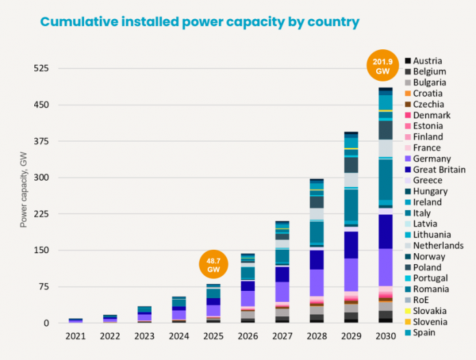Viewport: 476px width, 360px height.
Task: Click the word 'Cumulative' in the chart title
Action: pyautogui.click(x=79, y=22)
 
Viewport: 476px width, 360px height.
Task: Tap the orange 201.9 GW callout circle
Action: pyautogui.click(x=382, y=65)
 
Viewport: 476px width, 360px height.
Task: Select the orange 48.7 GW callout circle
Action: pyautogui.click(x=213, y=264)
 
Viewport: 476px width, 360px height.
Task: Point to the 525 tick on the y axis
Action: pyautogui.click(x=41, y=68)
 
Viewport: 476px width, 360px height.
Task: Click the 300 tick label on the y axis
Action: pyautogui.click(x=41, y=177)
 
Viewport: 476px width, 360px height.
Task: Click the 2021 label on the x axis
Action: pyautogui.click(x=76, y=336)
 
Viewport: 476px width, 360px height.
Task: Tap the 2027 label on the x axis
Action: pyautogui.click(x=282, y=336)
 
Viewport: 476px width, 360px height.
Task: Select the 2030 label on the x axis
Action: pyautogui.click(x=386, y=336)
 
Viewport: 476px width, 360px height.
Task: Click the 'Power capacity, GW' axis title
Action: pyautogui.click(x=24, y=190)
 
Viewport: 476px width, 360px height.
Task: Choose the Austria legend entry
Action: pyautogui.click(x=423, y=61)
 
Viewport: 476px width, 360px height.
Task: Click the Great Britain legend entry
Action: pyautogui.click(x=436, y=170)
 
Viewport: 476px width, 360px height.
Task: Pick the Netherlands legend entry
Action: pyautogui.click(x=434, y=246)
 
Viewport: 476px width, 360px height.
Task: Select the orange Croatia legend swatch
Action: pyautogui.click(x=408, y=93)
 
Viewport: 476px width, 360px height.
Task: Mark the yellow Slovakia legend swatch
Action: pyautogui.click(x=408, y=311)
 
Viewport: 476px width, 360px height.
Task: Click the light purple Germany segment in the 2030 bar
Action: pyautogui.click(x=386, y=268)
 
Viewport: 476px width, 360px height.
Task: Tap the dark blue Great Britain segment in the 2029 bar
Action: pyautogui.click(x=352, y=245)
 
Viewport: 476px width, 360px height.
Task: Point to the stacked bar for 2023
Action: pyautogui.click(x=144, y=314)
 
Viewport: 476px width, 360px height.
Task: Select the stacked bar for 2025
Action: pyautogui.click(x=213, y=303)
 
